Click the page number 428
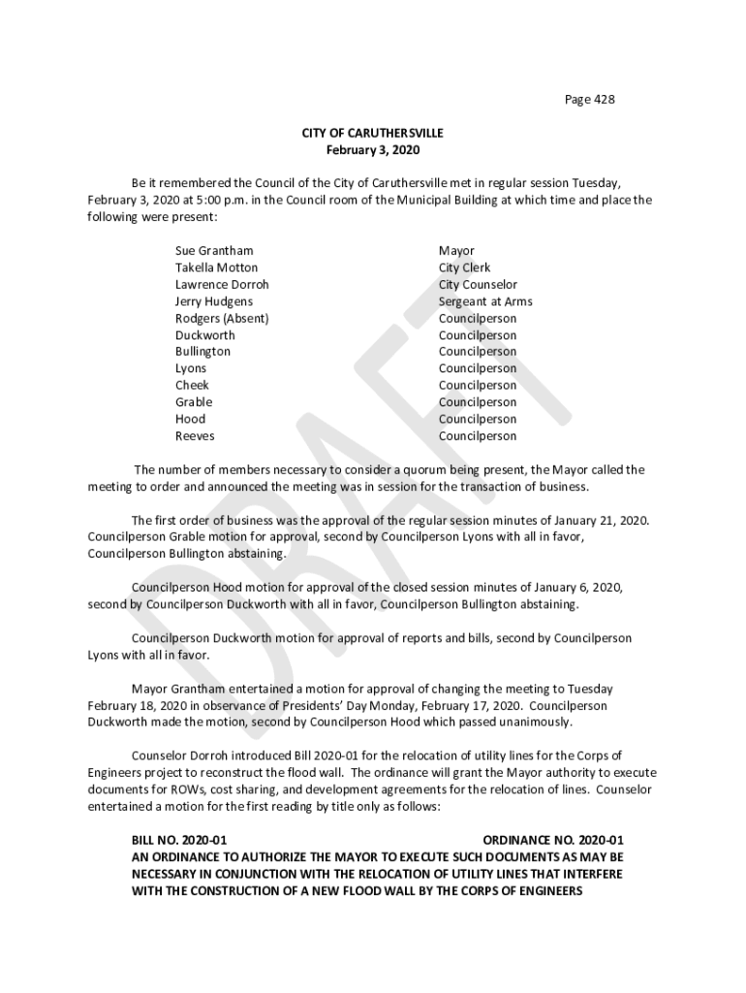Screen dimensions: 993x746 click(603, 99)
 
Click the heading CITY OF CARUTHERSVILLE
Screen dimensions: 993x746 click(372, 133)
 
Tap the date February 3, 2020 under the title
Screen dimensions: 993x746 click(372, 150)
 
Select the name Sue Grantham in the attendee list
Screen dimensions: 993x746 click(214, 251)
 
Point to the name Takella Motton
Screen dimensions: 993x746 click(216, 268)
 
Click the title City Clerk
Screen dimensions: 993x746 click(464, 268)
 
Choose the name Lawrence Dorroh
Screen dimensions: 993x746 click(222, 285)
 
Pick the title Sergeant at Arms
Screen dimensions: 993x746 click(484, 302)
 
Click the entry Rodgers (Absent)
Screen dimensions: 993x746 click(222, 318)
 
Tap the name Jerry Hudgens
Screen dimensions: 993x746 click(214, 302)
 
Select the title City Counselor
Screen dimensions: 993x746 click(478, 285)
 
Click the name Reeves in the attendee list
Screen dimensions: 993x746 click(195, 436)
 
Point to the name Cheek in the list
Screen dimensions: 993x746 click(192, 385)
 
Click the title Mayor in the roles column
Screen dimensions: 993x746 click(456, 251)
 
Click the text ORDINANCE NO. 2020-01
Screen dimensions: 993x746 click(552, 840)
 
